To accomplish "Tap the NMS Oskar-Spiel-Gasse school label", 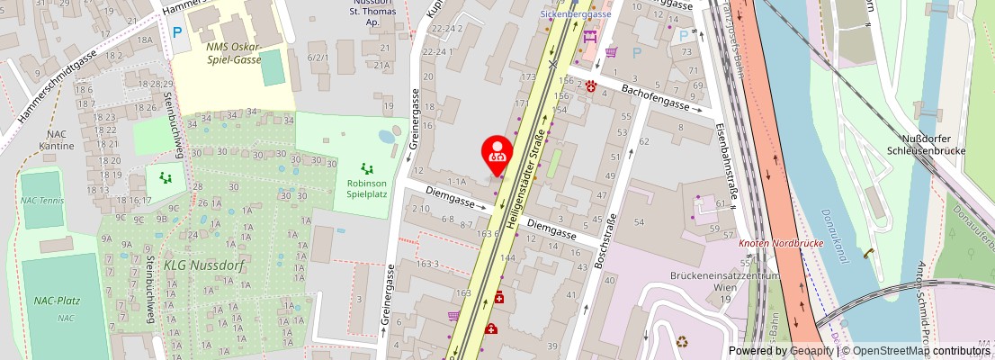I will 232,53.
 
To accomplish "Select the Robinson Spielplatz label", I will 366,187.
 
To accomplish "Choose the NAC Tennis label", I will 43,200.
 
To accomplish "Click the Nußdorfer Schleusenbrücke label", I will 924,144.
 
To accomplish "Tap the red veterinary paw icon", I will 591,86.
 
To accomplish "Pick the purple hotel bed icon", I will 589,37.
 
